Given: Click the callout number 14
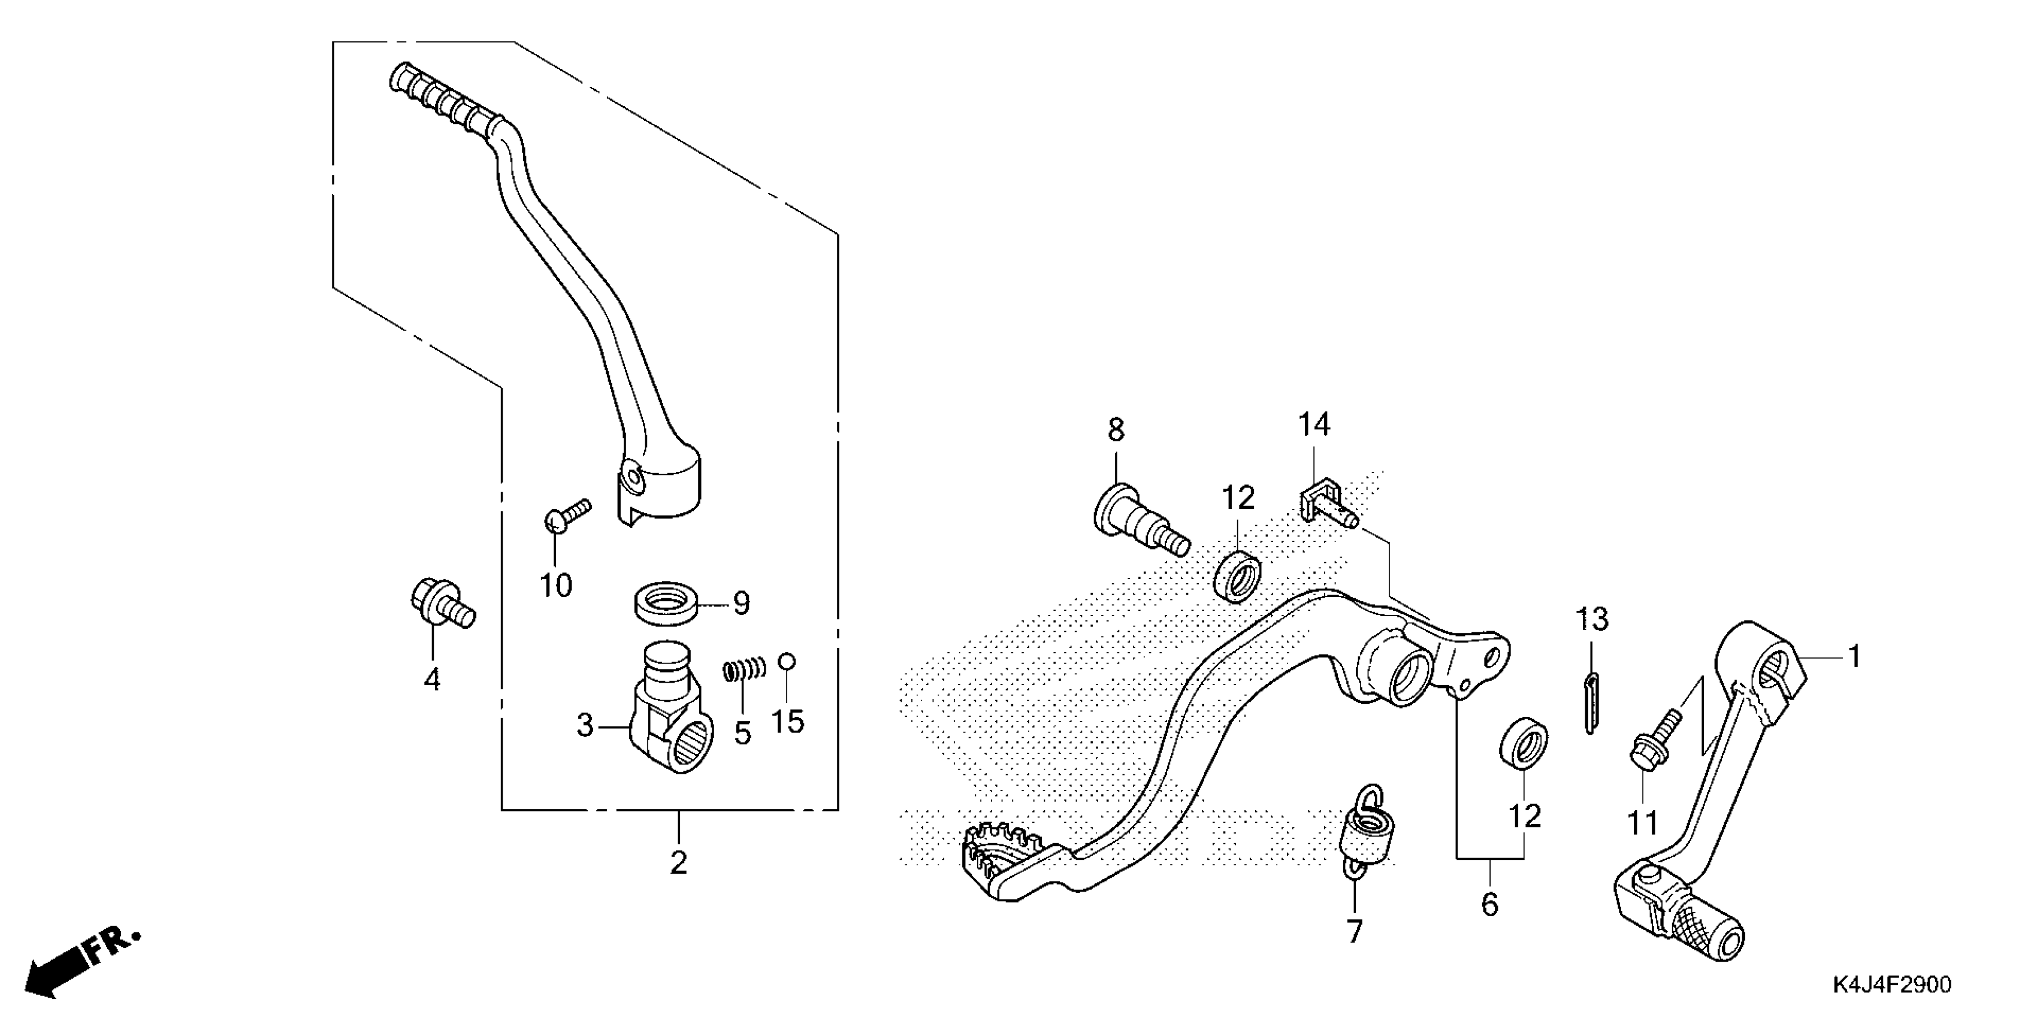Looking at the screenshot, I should [1313, 425].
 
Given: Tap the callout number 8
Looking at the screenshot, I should [1115, 431].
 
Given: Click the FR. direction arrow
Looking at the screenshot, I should [79, 961].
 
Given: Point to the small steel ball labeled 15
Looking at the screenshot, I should [787, 661].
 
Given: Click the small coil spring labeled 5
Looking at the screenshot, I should [744, 670].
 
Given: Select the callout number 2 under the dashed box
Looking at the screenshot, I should [678, 863].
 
